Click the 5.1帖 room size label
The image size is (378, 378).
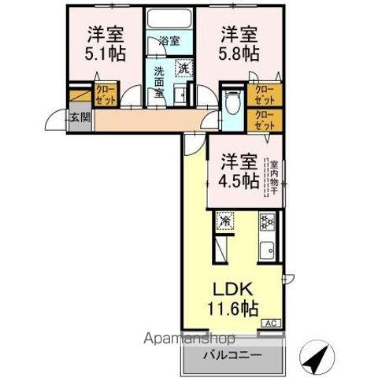(103, 53)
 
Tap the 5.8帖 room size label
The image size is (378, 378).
(239, 53)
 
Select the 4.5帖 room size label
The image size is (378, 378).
(237, 179)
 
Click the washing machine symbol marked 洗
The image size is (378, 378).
(183, 68)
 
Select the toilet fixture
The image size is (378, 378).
(232, 102)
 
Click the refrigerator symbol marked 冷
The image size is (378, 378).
(225, 222)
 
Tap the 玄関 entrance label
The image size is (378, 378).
(79, 119)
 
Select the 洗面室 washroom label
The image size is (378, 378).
(158, 81)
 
